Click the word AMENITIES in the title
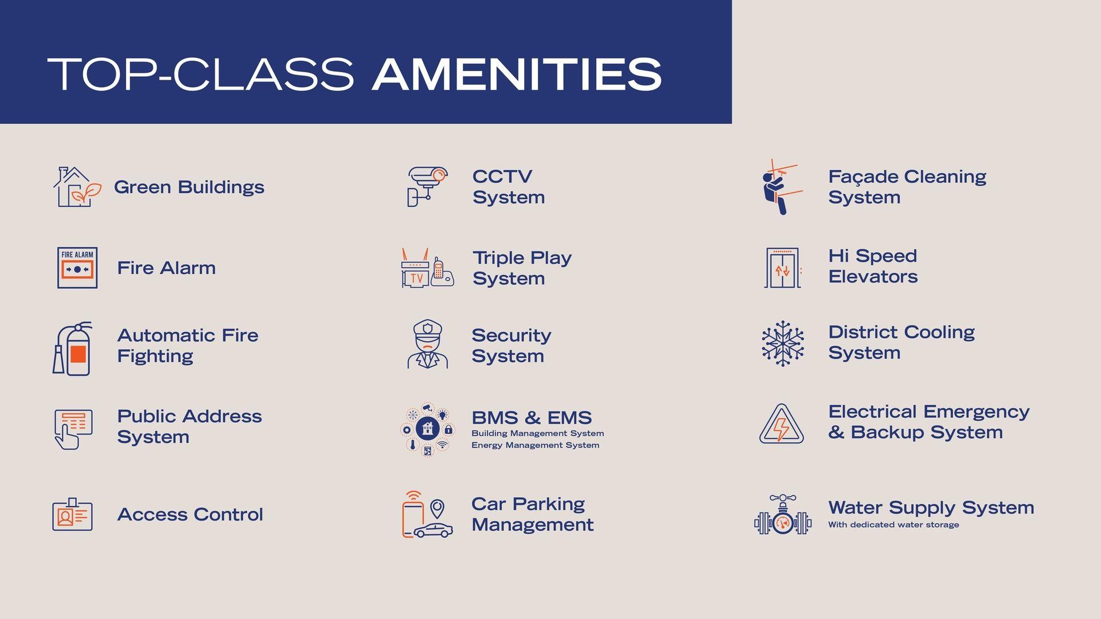pyautogui.click(x=517, y=74)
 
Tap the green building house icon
pyautogui.click(x=77, y=187)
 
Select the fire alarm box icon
pyautogui.click(x=77, y=268)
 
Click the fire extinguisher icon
pyautogui.click(x=73, y=348)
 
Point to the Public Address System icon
pyautogui.click(x=73, y=429)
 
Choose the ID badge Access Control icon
pyautogui.click(x=72, y=514)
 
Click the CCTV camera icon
pyautogui.click(x=427, y=186)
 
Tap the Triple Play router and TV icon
pyautogui.click(x=428, y=268)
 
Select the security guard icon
pyautogui.click(x=428, y=344)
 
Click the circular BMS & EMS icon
pyautogui.click(x=428, y=429)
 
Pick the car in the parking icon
pyautogui.click(x=433, y=530)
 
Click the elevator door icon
pyautogui.click(x=782, y=268)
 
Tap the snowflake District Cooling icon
pyautogui.click(x=783, y=343)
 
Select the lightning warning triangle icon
pyautogui.click(x=782, y=424)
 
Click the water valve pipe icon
pyautogui.click(x=783, y=515)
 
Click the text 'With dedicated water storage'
pyautogui.click(x=893, y=525)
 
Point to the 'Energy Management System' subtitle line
pyautogui.click(x=535, y=445)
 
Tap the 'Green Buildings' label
pyautogui.click(x=189, y=187)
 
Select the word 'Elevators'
pyautogui.click(x=873, y=277)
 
